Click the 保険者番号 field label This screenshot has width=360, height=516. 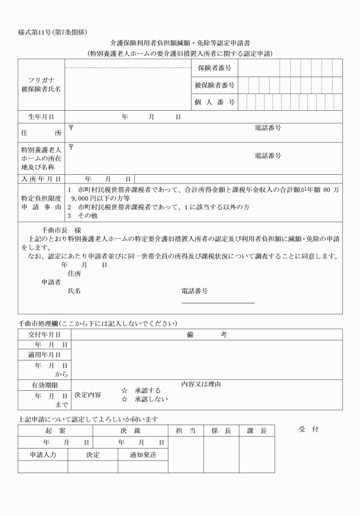click(x=214, y=68)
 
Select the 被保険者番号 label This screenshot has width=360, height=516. click(x=214, y=85)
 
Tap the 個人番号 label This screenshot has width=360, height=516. click(x=214, y=102)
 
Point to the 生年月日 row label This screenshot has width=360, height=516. click(x=41, y=117)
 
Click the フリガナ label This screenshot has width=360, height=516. click(x=41, y=80)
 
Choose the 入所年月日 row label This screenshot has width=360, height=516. click(x=41, y=179)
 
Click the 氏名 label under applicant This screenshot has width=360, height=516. click(x=74, y=291)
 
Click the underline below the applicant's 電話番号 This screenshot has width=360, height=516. click(x=217, y=303)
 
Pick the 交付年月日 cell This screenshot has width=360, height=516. click(x=44, y=334)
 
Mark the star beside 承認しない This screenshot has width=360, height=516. click(x=123, y=399)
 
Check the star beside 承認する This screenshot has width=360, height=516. click(x=123, y=390)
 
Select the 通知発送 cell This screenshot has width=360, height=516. click(x=143, y=455)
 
